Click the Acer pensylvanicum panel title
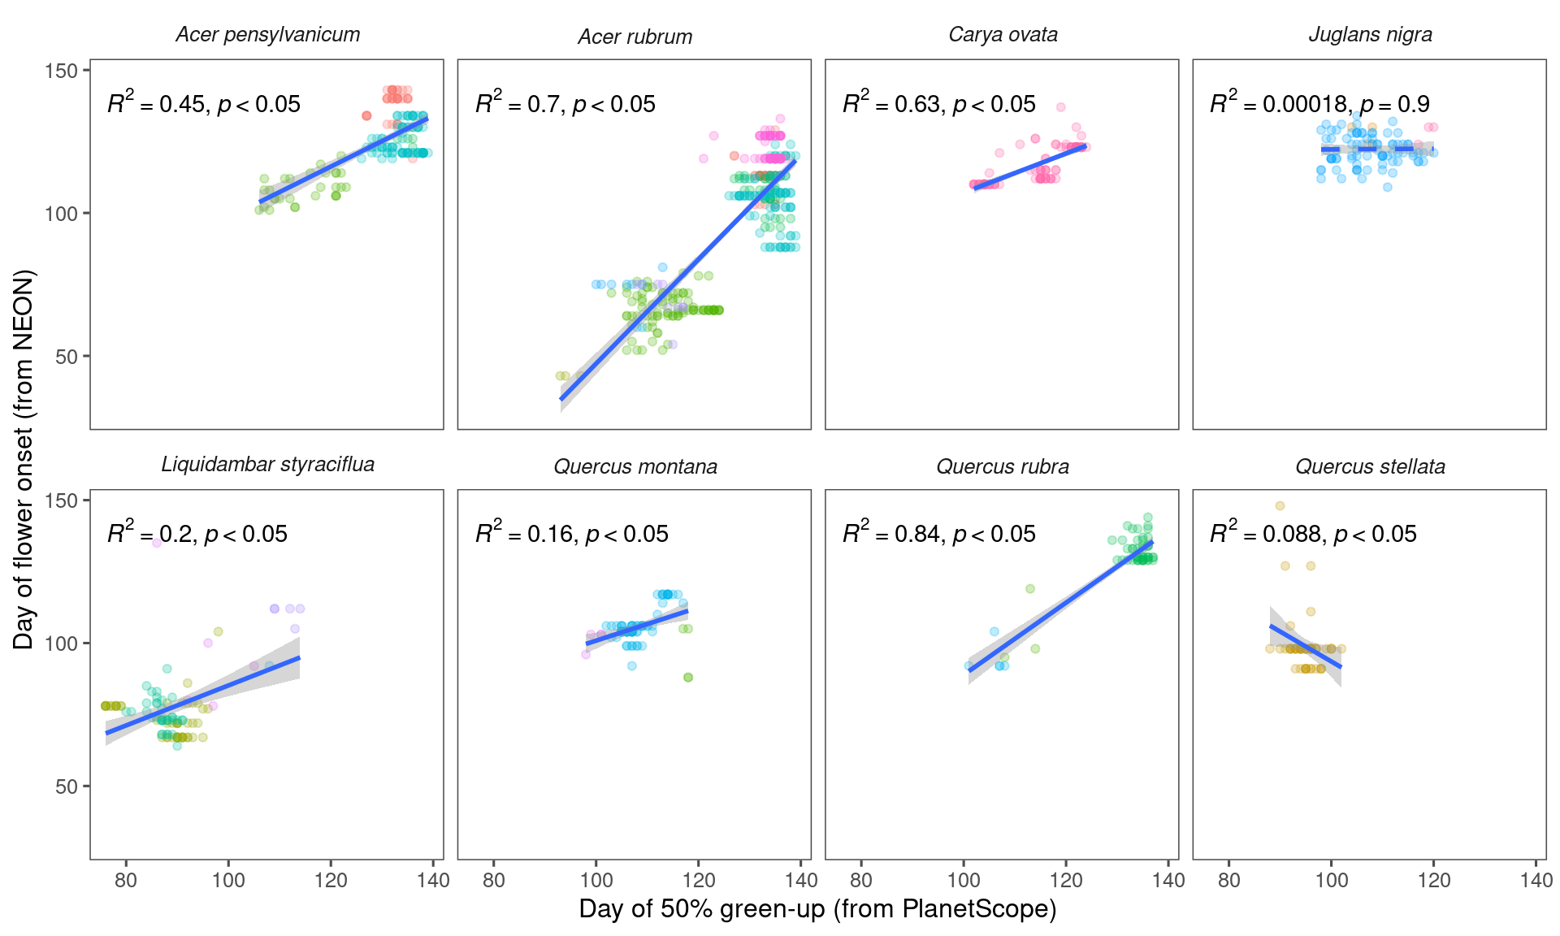(x=267, y=35)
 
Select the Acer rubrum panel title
(x=635, y=37)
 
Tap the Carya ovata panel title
(x=1003, y=35)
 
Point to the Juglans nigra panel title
(x=1370, y=35)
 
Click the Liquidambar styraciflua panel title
(x=267, y=465)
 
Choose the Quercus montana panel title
(x=635, y=467)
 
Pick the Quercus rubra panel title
(x=1003, y=467)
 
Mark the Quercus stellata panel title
(x=1370, y=467)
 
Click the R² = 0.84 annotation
(x=938, y=533)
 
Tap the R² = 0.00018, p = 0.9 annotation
(x=1319, y=103)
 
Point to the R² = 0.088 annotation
(x=1313, y=533)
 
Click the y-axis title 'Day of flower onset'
(x=24, y=459)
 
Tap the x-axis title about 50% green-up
(x=817, y=909)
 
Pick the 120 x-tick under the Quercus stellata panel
(x=1434, y=880)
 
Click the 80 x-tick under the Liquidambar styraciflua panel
(x=126, y=880)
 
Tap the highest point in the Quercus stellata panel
(x=1280, y=505)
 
